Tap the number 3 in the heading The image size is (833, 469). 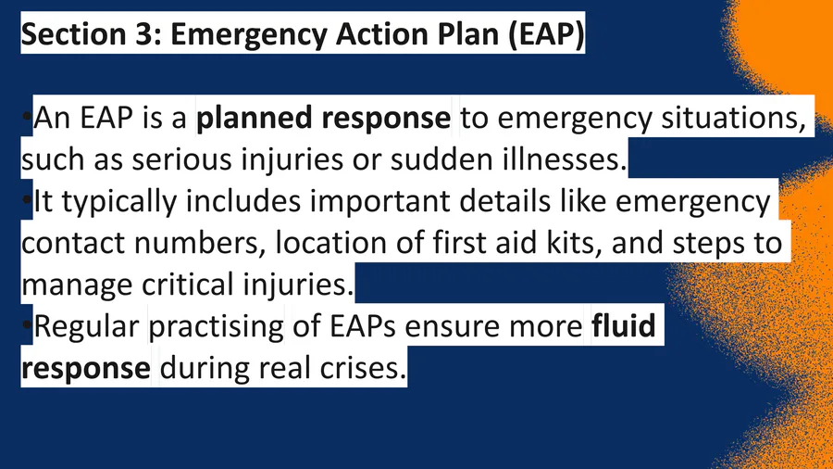(x=140, y=34)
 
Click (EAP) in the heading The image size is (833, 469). (x=545, y=34)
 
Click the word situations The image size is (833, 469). (x=733, y=118)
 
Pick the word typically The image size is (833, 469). (x=119, y=201)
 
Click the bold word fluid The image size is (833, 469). (x=624, y=325)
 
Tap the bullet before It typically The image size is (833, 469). (x=27, y=200)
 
